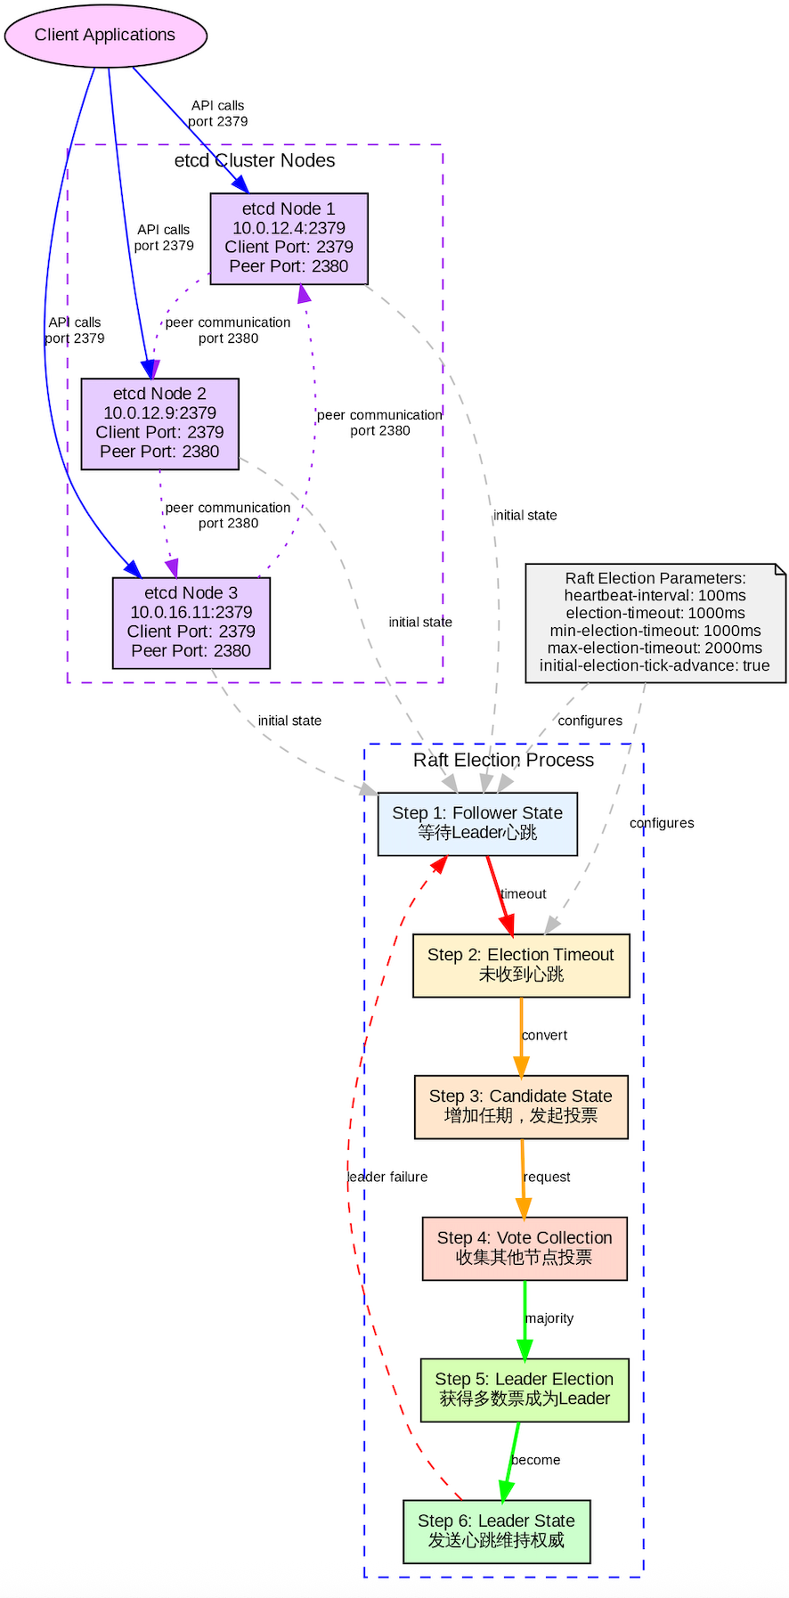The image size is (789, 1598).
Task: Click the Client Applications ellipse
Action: (x=105, y=35)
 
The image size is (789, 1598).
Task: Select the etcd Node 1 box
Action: (x=289, y=238)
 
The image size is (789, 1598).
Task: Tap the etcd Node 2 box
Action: (x=159, y=423)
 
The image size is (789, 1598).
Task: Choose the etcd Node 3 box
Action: (x=191, y=622)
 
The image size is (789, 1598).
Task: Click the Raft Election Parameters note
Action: (x=655, y=623)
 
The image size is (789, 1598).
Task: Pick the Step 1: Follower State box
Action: (x=476, y=823)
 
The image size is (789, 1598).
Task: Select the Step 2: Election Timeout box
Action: (x=520, y=965)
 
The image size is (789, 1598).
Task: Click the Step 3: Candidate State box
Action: (x=520, y=1105)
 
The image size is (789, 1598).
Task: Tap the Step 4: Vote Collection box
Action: (x=524, y=1247)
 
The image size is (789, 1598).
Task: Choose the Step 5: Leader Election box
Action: (x=524, y=1389)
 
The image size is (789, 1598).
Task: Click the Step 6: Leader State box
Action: (x=496, y=1530)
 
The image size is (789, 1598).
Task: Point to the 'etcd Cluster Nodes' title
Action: (x=255, y=160)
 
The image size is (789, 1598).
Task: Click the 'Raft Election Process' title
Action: (x=503, y=760)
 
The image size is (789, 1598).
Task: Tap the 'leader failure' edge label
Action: (x=387, y=1177)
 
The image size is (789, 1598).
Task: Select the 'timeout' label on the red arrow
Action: (x=523, y=893)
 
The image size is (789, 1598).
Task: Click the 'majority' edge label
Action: (x=549, y=1318)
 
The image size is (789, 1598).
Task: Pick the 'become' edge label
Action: (x=536, y=1460)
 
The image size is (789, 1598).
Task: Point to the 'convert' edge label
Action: (x=544, y=1035)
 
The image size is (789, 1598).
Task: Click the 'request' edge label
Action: (x=547, y=1177)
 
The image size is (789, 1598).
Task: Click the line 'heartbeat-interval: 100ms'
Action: (x=655, y=595)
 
